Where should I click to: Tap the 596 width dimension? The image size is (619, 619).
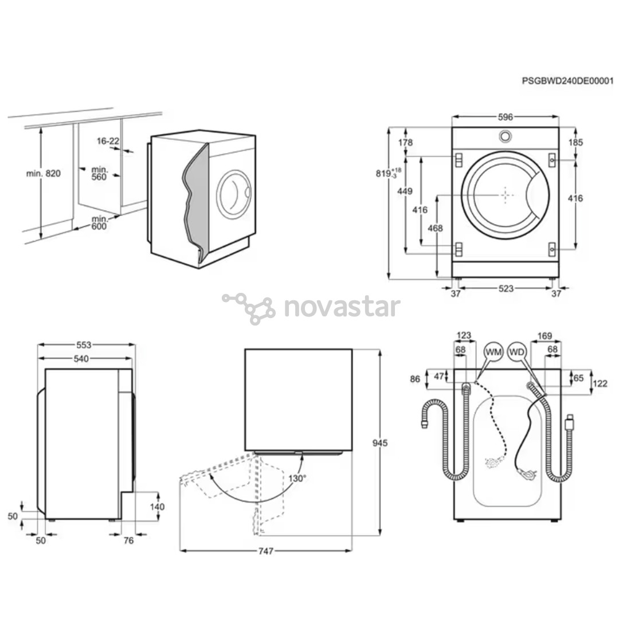[x=505, y=117]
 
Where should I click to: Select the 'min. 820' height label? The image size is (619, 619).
[x=44, y=173]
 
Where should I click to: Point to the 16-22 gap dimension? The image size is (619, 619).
[x=108, y=140]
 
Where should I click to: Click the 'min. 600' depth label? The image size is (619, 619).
[x=99, y=222]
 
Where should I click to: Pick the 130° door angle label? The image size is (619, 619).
[x=297, y=477]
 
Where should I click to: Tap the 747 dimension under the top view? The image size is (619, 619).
[x=265, y=551]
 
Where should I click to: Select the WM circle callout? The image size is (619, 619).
[x=493, y=351]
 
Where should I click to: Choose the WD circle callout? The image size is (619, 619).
[x=517, y=351]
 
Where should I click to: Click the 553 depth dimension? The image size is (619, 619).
[x=84, y=344]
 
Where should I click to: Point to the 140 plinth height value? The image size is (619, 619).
[x=156, y=507]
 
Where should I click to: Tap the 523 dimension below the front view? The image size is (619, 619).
[x=506, y=289]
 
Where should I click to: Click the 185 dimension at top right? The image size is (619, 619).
[x=575, y=142]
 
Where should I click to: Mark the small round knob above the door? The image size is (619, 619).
[x=505, y=136]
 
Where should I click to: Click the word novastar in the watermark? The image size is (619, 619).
[x=342, y=307]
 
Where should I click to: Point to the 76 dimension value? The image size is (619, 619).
[x=128, y=540]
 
